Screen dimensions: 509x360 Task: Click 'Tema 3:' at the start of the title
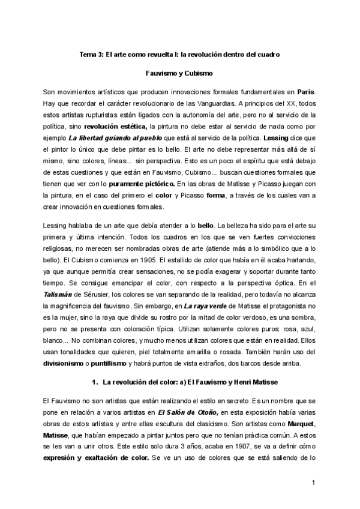tap(92, 55)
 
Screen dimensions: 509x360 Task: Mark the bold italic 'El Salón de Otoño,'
tap(188, 412)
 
